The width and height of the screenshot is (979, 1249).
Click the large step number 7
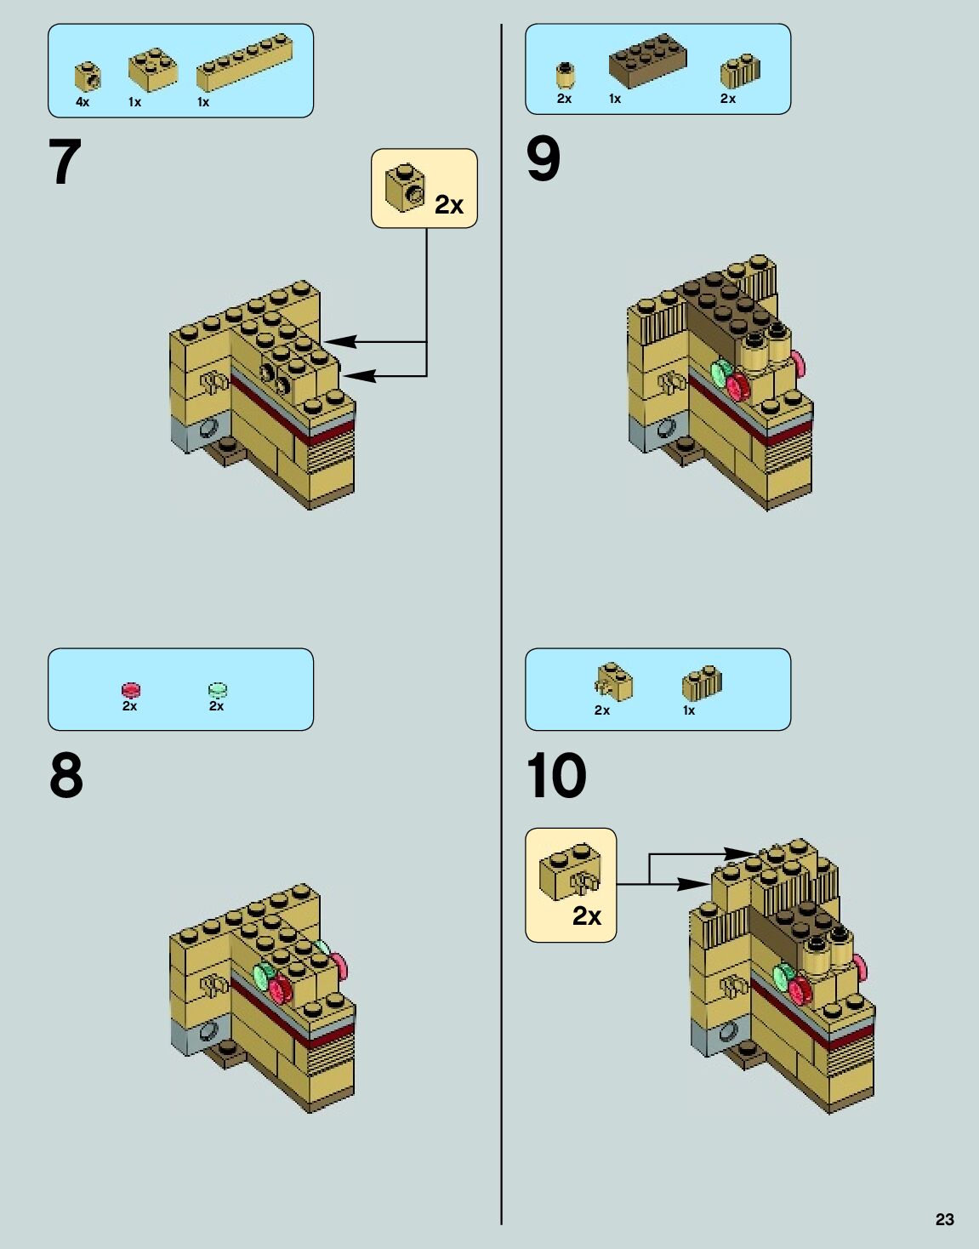[65, 162]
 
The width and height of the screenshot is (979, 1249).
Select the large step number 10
[556, 775]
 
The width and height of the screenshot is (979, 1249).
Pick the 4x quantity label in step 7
[83, 102]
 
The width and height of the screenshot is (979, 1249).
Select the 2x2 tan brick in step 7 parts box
[153, 69]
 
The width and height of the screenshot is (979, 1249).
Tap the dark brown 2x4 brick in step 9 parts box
[647, 60]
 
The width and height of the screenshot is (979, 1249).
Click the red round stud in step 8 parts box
[130, 690]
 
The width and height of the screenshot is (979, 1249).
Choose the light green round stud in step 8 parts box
[218, 690]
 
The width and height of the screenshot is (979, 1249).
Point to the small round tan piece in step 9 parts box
[566, 75]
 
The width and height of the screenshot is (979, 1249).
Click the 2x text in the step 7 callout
[449, 204]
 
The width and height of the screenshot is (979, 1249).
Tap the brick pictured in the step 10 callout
[570, 870]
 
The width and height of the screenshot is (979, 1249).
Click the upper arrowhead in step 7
[340, 341]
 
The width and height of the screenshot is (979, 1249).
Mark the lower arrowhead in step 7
[359, 376]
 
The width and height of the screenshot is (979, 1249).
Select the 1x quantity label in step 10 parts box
[689, 710]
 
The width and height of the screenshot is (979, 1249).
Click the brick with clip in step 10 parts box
[613, 682]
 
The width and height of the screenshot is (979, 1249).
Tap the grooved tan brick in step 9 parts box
[740, 71]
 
